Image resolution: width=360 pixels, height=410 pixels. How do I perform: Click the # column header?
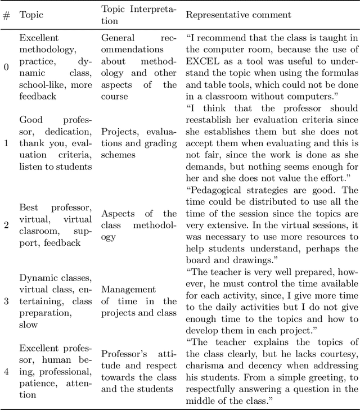pyautogui.click(x=7, y=15)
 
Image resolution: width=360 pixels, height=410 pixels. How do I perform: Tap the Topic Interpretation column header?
pyautogui.click(x=138, y=15)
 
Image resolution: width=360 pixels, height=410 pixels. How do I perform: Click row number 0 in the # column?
pyautogui.click(x=7, y=67)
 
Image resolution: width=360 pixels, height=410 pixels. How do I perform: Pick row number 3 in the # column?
pyautogui.click(x=7, y=301)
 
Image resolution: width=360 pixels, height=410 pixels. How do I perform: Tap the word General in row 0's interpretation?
pyautogui.click(x=118, y=38)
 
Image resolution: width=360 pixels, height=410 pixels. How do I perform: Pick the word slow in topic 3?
pyautogui.click(x=29, y=324)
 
